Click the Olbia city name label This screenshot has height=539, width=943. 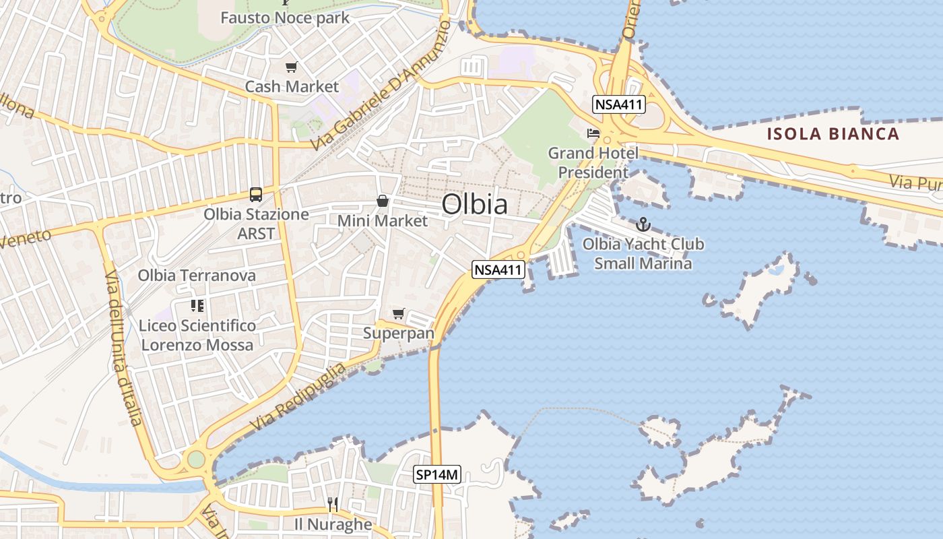pos(474,204)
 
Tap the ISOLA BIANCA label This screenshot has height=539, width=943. pos(833,133)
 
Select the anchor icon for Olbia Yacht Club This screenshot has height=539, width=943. pos(643,224)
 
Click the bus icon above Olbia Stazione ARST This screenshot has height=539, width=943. pos(256,195)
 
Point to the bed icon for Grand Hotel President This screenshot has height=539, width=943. pos(593,133)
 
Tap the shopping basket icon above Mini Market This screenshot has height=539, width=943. pos(383,201)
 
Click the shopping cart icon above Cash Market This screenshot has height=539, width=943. pos(291,67)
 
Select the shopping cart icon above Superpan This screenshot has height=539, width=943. pos(398,313)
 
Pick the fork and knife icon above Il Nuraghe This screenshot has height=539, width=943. pos(332,504)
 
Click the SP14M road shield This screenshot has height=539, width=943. pos(436,475)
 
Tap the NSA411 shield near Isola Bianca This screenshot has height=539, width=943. pos(619,104)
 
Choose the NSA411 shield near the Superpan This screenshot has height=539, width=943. pos(498,269)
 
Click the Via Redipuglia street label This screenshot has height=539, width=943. pos(299,398)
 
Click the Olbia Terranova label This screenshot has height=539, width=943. pos(197,275)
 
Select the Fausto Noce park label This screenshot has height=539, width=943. pos(285,18)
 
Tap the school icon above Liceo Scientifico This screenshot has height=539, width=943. pos(197,306)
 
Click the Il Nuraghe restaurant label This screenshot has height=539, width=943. pos(333,524)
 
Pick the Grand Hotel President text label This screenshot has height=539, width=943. pos(593,162)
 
